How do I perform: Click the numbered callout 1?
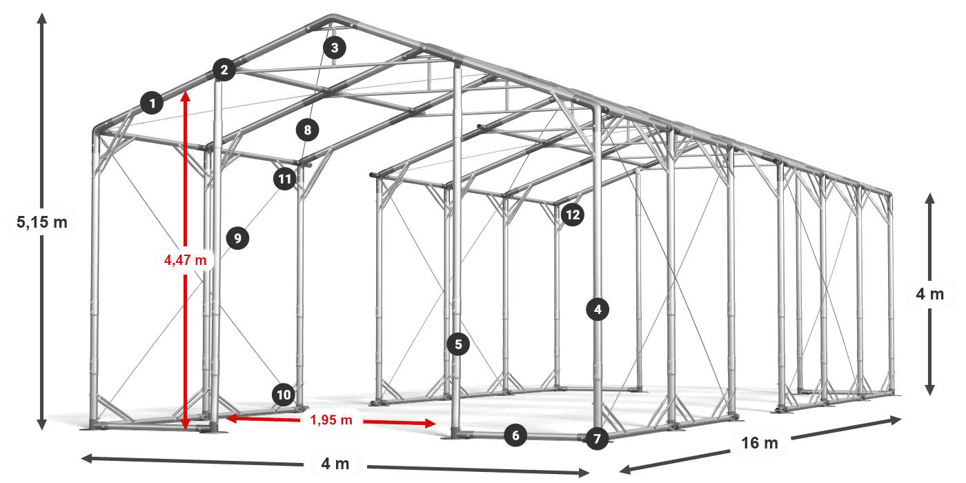[152, 103]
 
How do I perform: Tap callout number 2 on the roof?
[224, 70]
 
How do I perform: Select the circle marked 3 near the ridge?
[335, 48]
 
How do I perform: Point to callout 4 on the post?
[598, 309]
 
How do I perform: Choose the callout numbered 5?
[458, 344]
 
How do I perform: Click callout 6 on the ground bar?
[516, 435]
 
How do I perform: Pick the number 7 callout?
[598, 439]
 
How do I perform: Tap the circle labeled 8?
[308, 130]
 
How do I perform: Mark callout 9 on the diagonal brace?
[237, 238]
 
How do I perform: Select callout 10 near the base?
[284, 395]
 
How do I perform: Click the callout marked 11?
[285, 179]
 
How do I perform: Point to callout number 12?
[573, 215]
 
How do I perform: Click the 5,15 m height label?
[42, 222]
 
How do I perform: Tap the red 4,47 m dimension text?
[186, 260]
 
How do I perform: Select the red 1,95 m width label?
[331, 420]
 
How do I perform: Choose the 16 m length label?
[760, 443]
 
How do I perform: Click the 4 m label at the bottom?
[335, 464]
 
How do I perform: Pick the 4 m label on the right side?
[930, 294]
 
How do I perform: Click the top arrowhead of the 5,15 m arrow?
[42, 14]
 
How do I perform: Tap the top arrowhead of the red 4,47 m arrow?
[186, 92]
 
